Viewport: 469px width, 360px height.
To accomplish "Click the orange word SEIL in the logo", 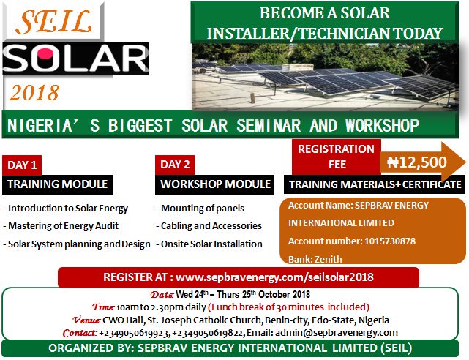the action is (x=54, y=21).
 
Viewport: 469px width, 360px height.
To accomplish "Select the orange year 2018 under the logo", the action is (x=34, y=93).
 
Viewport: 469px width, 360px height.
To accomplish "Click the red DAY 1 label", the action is (x=22, y=165).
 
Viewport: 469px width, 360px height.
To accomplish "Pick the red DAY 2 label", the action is (x=175, y=165).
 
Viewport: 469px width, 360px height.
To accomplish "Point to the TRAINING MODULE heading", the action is (x=58, y=184).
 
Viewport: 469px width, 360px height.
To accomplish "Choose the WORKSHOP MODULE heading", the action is (x=215, y=184).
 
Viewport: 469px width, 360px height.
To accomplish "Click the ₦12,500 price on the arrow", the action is (x=417, y=162).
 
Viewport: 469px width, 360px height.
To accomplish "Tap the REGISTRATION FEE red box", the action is (x=337, y=157).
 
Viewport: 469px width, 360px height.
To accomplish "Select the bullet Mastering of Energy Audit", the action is (x=61, y=226).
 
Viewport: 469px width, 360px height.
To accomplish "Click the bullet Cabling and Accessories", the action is (x=209, y=226).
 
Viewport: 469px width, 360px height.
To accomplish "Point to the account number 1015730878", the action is (x=390, y=241).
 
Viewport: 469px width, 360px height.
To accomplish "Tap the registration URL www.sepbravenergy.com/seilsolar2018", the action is (x=274, y=277).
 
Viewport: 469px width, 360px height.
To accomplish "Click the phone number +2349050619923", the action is (x=134, y=333).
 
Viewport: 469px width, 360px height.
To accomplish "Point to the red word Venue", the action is (x=86, y=320).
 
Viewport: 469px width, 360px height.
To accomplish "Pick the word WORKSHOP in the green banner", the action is (x=383, y=126).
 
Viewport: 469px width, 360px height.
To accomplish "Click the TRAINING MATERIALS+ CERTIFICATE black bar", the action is (x=375, y=184).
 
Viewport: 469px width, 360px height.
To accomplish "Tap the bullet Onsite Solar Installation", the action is (x=209, y=244).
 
